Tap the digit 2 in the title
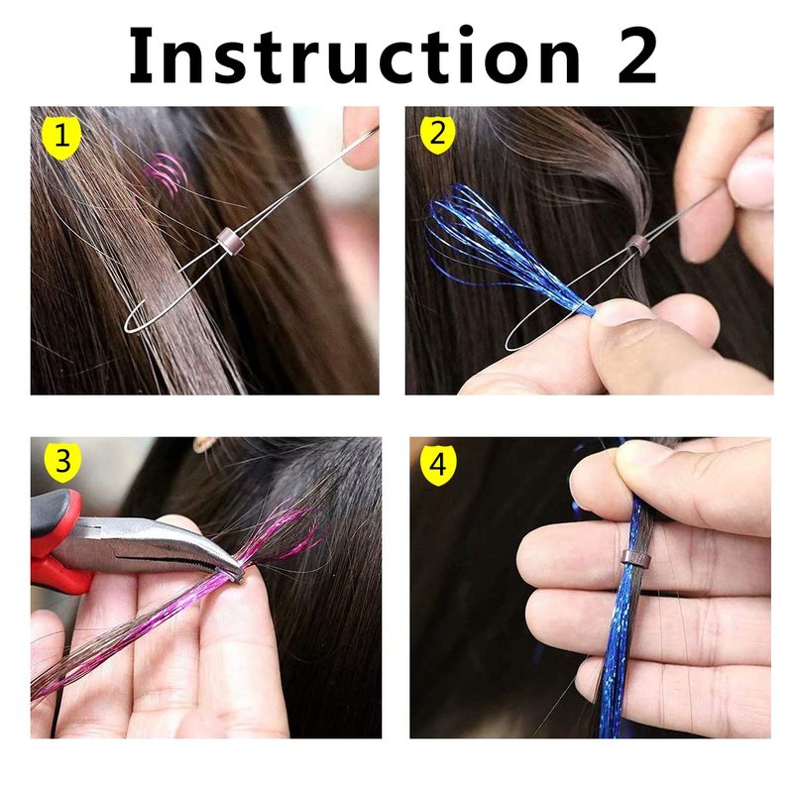[x=637, y=55]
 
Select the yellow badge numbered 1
[x=61, y=138]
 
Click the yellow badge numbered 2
[x=437, y=134]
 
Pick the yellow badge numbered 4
[x=438, y=463]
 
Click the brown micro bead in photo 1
[x=230, y=241]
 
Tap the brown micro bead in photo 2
[x=637, y=246]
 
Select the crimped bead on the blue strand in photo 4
[x=635, y=558]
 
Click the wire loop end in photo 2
[x=511, y=343]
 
